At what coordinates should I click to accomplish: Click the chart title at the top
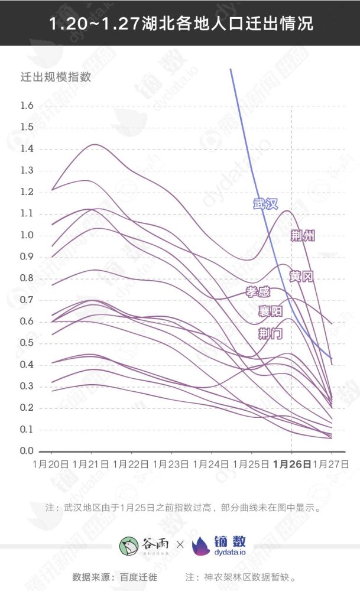180,23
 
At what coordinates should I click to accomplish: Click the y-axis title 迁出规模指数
56,77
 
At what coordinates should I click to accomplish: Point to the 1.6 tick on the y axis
27,106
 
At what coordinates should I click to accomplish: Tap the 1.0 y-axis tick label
27,235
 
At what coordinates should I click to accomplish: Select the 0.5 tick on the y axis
27,343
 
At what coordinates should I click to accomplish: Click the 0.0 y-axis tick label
27,452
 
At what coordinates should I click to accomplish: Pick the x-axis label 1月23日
170,465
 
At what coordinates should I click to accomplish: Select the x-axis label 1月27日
331,465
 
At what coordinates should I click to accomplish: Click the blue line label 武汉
265,204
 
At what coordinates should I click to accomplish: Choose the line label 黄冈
301,277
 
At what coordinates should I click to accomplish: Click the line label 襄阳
270,311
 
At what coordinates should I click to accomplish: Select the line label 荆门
270,334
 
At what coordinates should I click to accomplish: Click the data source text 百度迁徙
140,577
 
